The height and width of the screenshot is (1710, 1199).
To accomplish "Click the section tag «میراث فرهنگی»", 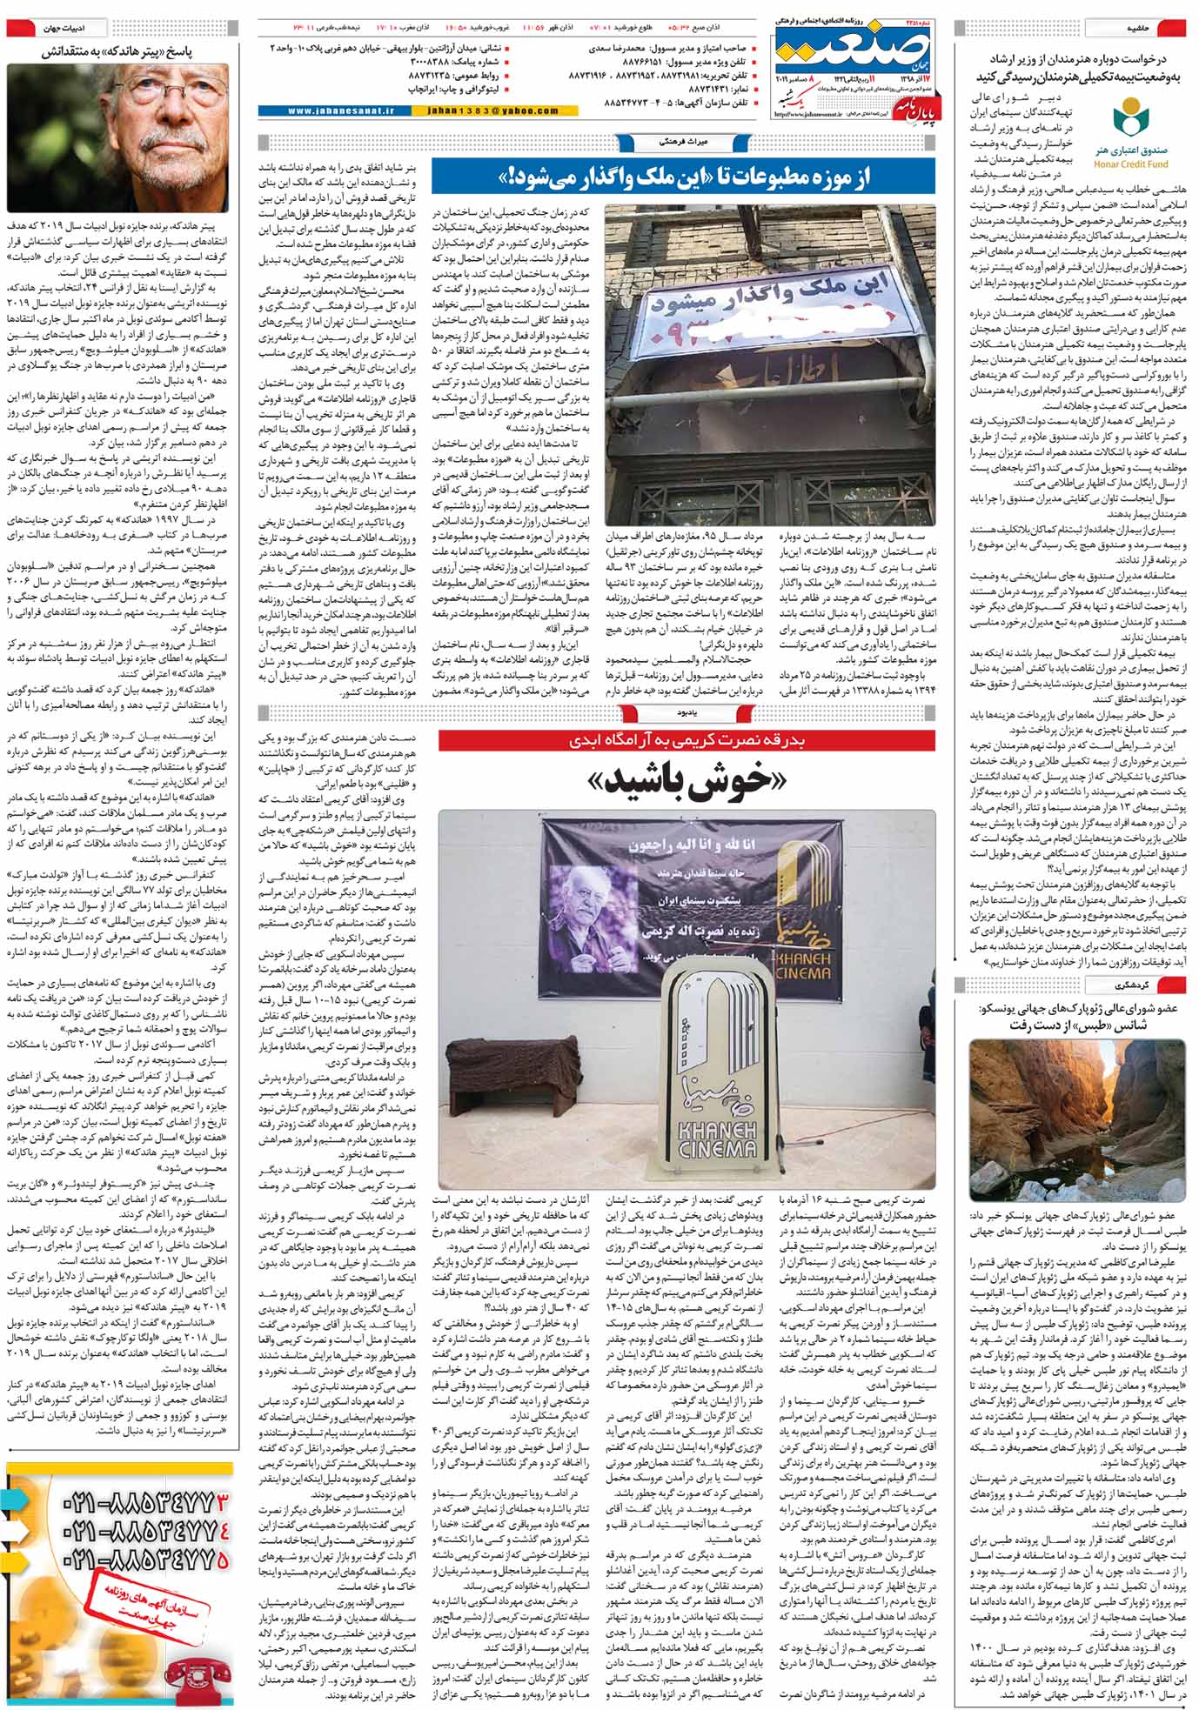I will tap(658, 139).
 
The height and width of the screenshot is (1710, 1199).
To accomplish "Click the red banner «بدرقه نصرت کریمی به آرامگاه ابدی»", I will tap(687, 740).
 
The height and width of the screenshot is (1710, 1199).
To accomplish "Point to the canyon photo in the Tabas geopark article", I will tap(1076, 1121).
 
